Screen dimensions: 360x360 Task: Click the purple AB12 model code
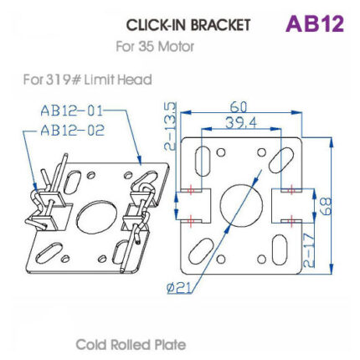[314, 23]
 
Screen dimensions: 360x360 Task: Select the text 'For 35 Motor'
[155, 46]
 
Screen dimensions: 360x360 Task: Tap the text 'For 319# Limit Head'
[87, 80]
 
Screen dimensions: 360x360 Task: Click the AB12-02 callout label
[70, 131]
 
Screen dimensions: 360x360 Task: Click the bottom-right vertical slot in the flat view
[281, 250]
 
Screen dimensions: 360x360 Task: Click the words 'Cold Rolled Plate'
[131, 344]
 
